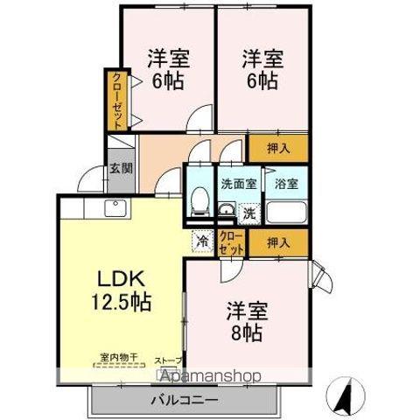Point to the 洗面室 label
pos(237,183)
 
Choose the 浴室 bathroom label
pos(285,183)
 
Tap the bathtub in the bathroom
pos(286,213)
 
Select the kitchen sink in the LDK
pos(115,208)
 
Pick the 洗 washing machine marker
pos(248,213)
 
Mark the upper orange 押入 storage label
pos(277,149)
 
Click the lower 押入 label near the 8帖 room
pos(277,242)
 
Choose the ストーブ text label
pos(168,360)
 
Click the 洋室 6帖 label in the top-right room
pos(261,70)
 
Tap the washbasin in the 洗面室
pos(226,211)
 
